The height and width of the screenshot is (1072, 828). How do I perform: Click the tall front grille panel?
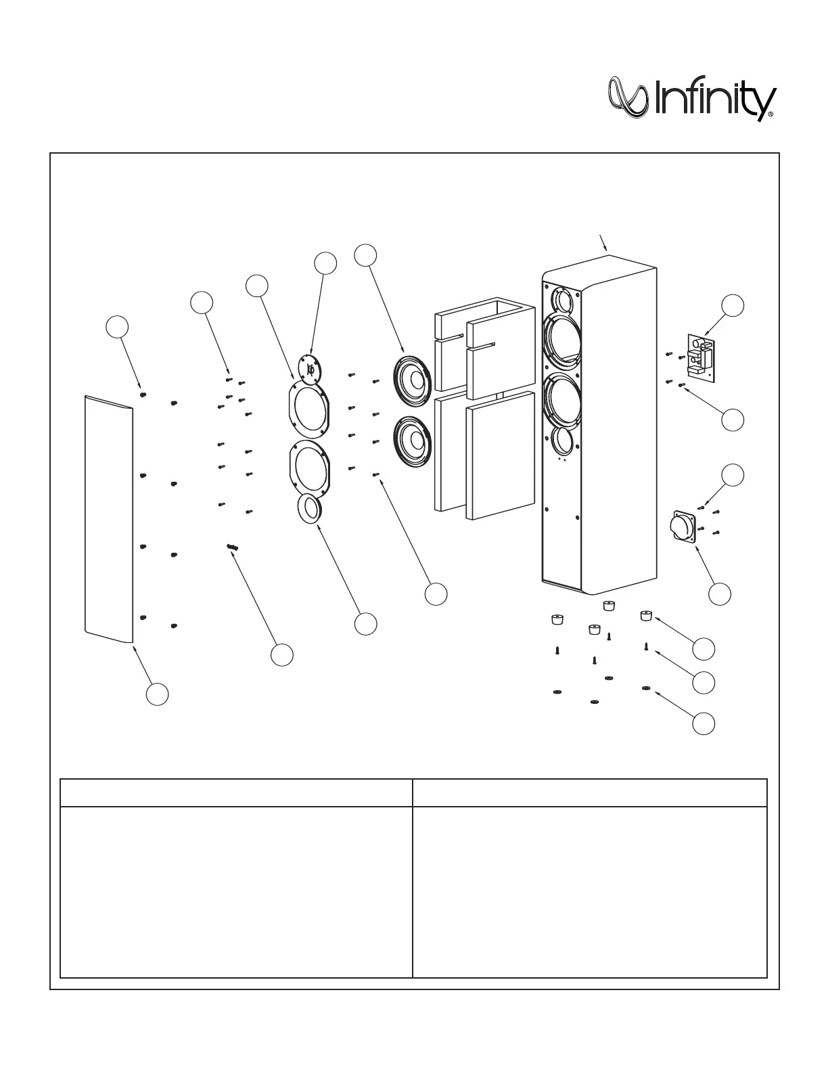[x=108, y=518]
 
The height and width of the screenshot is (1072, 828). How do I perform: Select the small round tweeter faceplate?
[x=310, y=370]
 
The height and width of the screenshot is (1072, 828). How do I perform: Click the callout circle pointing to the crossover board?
[x=732, y=305]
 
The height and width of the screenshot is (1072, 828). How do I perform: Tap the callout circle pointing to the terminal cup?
[x=720, y=594]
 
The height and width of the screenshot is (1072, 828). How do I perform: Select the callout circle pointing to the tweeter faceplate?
[x=325, y=263]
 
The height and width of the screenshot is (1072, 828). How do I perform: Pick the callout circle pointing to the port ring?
[x=366, y=624]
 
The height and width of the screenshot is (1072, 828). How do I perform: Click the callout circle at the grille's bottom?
[x=158, y=694]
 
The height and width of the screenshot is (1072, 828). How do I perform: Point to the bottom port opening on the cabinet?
[x=561, y=441]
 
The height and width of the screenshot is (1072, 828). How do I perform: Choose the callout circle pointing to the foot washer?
[x=704, y=723]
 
